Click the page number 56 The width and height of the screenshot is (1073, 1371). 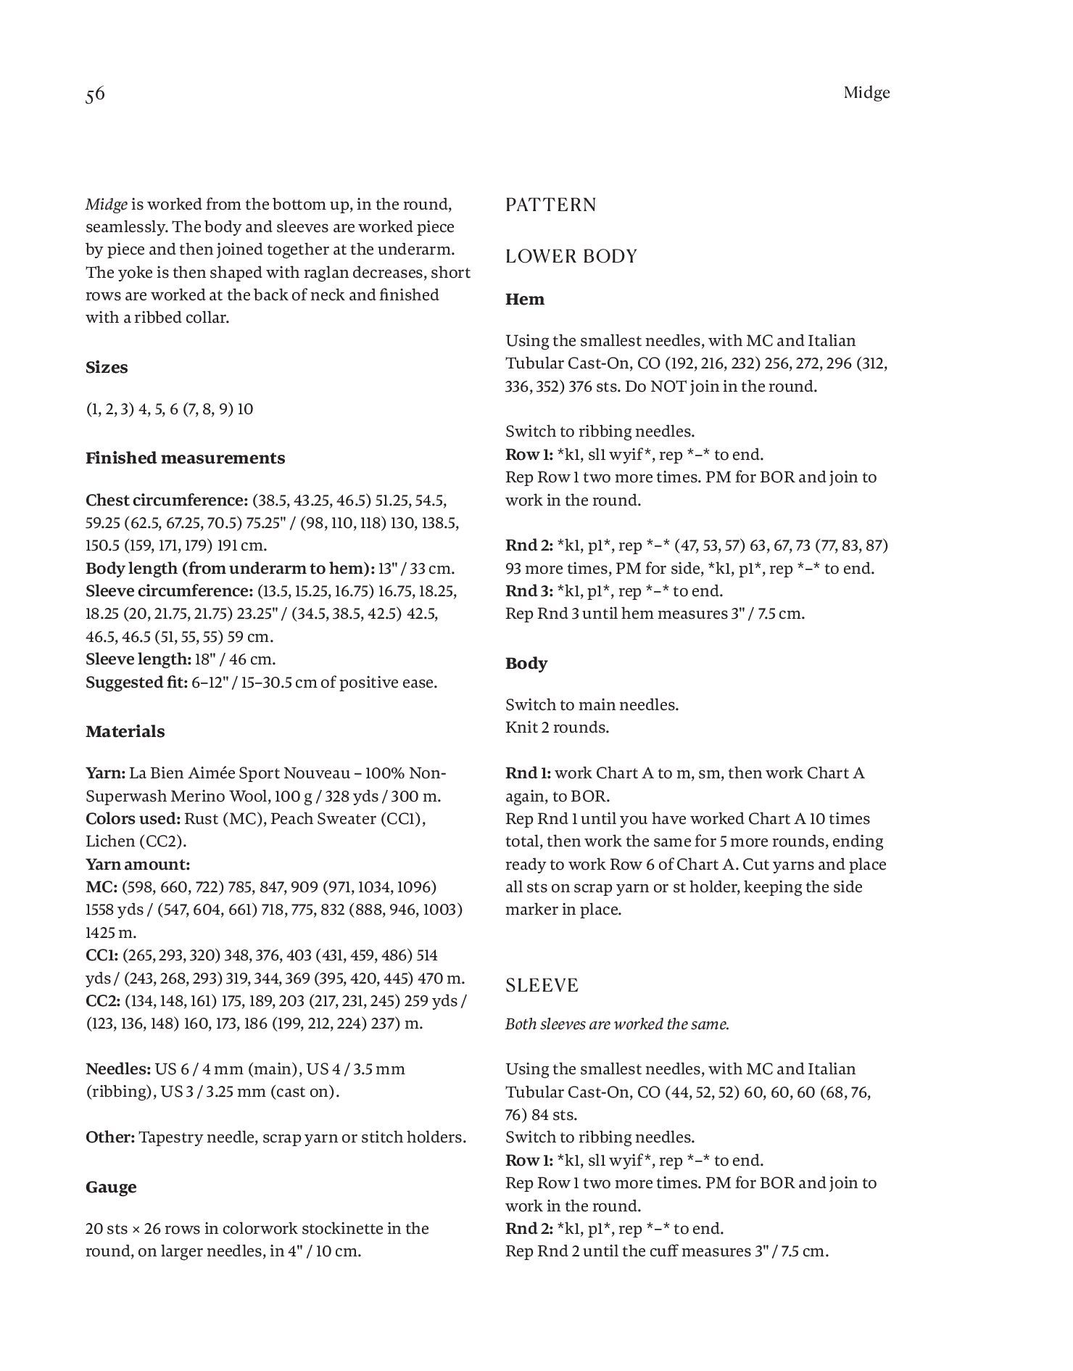click(x=95, y=95)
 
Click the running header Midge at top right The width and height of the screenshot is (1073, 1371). click(x=866, y=93)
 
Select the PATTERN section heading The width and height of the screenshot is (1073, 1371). click(x=551, y=205)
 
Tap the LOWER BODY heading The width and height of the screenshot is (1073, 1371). click(x=571, y=257)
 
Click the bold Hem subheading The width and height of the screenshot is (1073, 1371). click(x=525, y=300)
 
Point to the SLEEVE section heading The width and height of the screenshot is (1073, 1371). click(x=542, y=986)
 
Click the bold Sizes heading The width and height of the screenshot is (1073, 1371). click(x=107, y=368)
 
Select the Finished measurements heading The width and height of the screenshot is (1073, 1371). click(x=185, y=458)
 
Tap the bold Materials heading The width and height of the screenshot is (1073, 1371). click(x=125, y=732)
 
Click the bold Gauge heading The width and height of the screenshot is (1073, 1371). click(x=111, y=1187)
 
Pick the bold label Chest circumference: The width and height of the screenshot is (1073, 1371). click(x=167, y=501)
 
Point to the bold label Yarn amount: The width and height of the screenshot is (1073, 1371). click(x=138, y=865)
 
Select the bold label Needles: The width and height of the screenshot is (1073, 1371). click(x=118, y=1069)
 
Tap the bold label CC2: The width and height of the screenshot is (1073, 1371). click(x=103, y=1001)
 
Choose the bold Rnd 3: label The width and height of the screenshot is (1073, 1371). click(x=529, y=591)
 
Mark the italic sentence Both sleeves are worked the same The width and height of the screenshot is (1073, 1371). click(x=617, y=1024)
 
